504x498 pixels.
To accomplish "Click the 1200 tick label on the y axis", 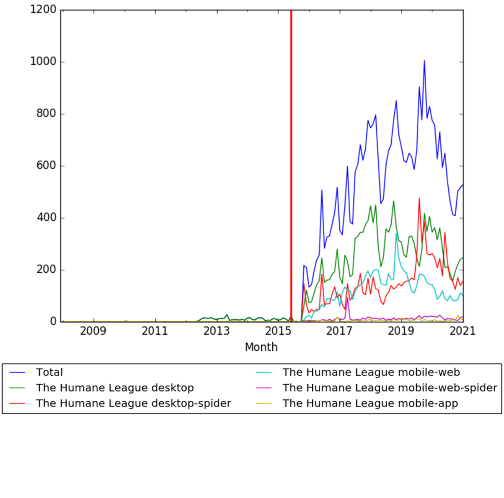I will tap(43, 10).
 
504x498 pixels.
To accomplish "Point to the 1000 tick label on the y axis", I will tap(43, 62).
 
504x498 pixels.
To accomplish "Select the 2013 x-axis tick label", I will tap(217, 332).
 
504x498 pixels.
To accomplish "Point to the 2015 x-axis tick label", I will tap(278, 332).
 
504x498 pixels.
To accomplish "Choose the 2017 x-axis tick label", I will tap(340, 332).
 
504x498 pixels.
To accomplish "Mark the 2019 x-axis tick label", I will tap(401, 332).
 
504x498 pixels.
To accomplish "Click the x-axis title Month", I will tap(261, 347).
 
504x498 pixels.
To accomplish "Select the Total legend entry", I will tap(49, 372).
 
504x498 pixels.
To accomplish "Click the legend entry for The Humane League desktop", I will tap(114, 388).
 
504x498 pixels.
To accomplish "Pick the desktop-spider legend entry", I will tap(133, 403).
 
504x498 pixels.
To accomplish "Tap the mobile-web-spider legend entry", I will tap(390, 388).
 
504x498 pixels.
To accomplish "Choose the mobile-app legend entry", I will tap(370, 403).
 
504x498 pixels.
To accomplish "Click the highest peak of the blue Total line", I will tap(424, 61).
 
